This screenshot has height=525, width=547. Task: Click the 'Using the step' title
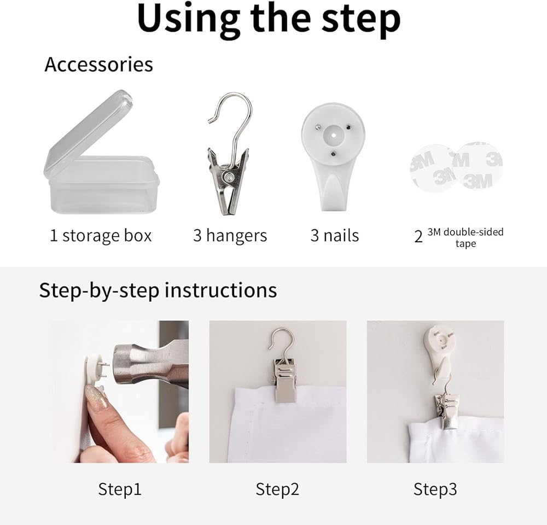(269, 19)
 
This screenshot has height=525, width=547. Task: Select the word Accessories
(98, 65)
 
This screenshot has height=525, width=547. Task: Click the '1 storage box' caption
(101, 236)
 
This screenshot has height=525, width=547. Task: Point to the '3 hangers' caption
(230, 236)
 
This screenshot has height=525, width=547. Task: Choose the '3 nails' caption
(335, 236)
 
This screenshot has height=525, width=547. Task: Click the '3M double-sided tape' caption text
(465, 237)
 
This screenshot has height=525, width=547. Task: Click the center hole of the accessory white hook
(333, 135)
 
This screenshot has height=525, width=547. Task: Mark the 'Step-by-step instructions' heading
(158, 290)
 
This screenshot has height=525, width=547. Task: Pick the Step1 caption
(120, 489)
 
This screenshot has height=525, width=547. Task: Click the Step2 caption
(277, 489)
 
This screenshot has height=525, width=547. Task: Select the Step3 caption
(435, 489)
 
